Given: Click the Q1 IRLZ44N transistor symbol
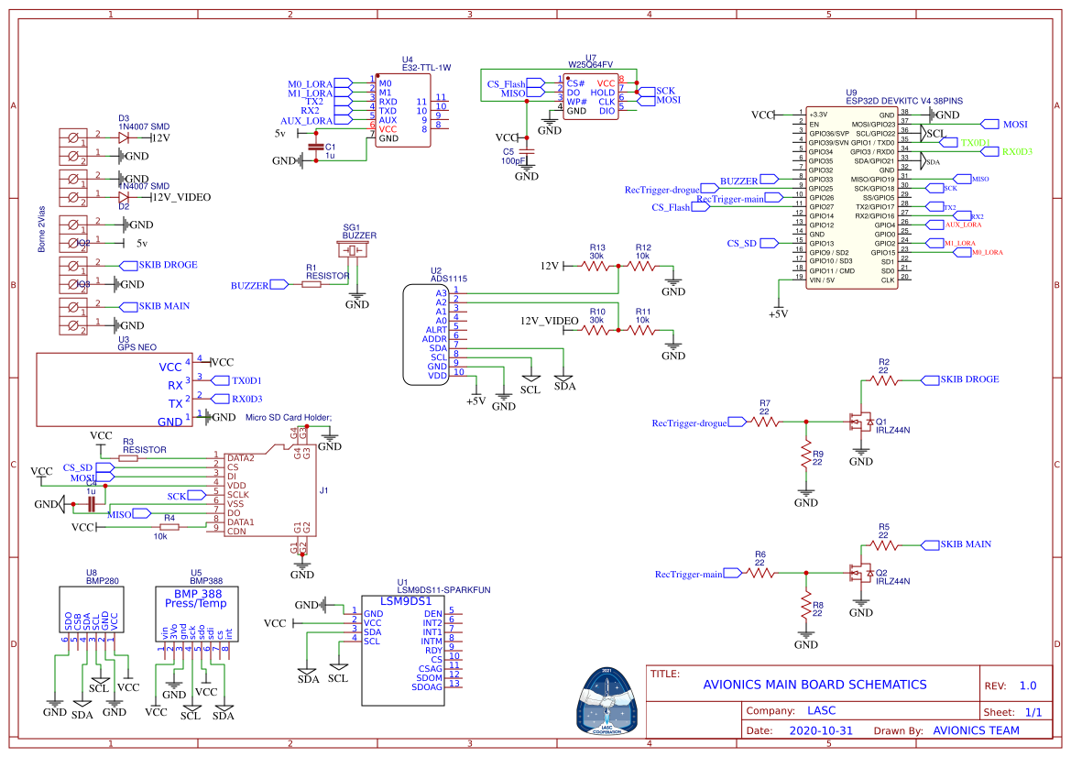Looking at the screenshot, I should (x=859, y=422).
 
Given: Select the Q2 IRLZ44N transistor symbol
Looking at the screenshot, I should (x=859, y=573).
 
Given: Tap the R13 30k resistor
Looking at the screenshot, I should (x=597, y=266).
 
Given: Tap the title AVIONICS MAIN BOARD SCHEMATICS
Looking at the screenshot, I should (x=814, y=685).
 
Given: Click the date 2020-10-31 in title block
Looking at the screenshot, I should (x=820, y=730).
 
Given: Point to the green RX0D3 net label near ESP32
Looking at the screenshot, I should (x=1017, y=151).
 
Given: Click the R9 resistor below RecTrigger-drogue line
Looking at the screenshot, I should (x=806, y=455).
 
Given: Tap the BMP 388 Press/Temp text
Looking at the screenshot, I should (x=195, y=598).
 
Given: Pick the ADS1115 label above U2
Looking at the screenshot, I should (x=450, y=278).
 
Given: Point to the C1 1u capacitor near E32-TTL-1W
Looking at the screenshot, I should (x=316, y=147).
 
